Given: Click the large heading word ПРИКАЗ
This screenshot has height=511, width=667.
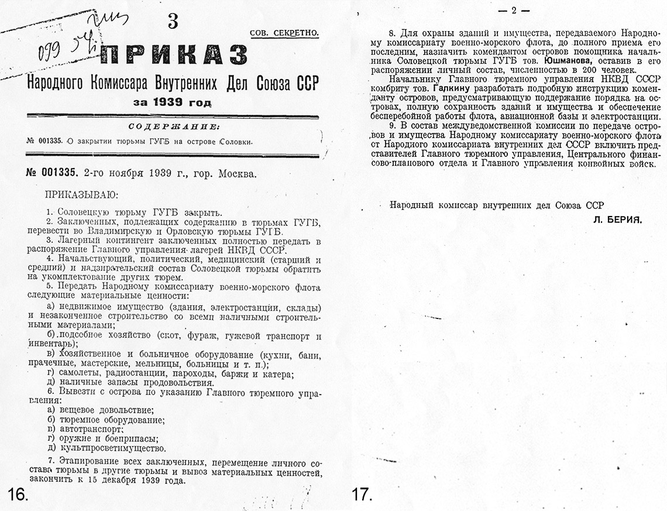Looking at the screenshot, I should [174, 55].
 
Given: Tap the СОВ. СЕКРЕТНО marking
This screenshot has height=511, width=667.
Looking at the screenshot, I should [284, 33].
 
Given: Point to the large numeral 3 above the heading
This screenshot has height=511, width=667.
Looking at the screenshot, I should [173, 22].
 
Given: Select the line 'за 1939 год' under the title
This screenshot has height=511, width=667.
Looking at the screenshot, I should [173, 103].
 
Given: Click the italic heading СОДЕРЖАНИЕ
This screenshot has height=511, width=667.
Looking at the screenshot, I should [173, 127].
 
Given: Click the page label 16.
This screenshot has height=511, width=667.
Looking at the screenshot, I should [18, 494].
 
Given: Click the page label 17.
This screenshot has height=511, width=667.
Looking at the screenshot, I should [362, 494].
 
